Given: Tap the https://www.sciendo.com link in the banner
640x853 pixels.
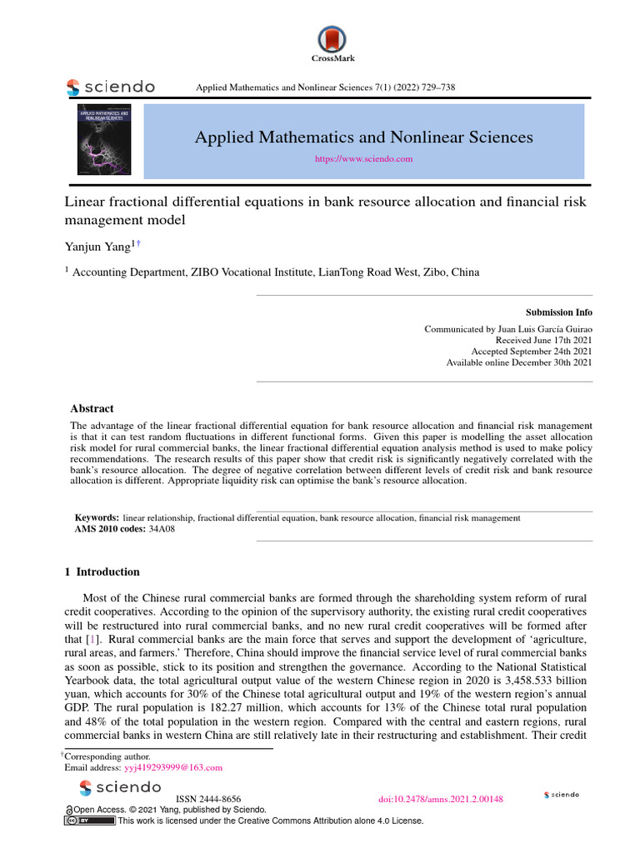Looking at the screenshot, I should (x=363, y=158).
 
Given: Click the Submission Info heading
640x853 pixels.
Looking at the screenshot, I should (x=558, y=312).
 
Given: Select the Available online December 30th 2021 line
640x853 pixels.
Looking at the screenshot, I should (x=519, y=362).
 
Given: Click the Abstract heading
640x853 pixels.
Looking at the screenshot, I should (x=92, y=409).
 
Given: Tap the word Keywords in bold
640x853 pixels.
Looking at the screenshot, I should (x=97, y=517).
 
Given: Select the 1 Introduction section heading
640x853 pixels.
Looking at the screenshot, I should (x=102, y=571).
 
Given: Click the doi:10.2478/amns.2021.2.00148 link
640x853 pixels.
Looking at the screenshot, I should (x=441, y=799).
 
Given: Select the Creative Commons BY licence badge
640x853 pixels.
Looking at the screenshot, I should (x=90, y=821).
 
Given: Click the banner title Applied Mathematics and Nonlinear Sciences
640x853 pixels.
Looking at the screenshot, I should (x=363, y=137).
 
